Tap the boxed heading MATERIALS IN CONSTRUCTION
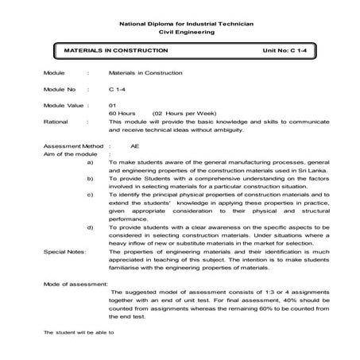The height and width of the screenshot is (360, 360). (110, 50)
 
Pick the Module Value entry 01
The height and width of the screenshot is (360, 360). (112, 105)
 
